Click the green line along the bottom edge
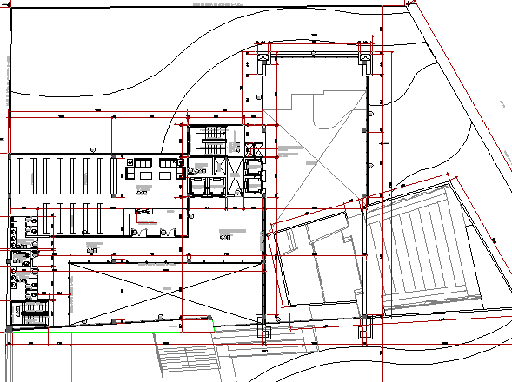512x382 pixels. click(x=113, y=331)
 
